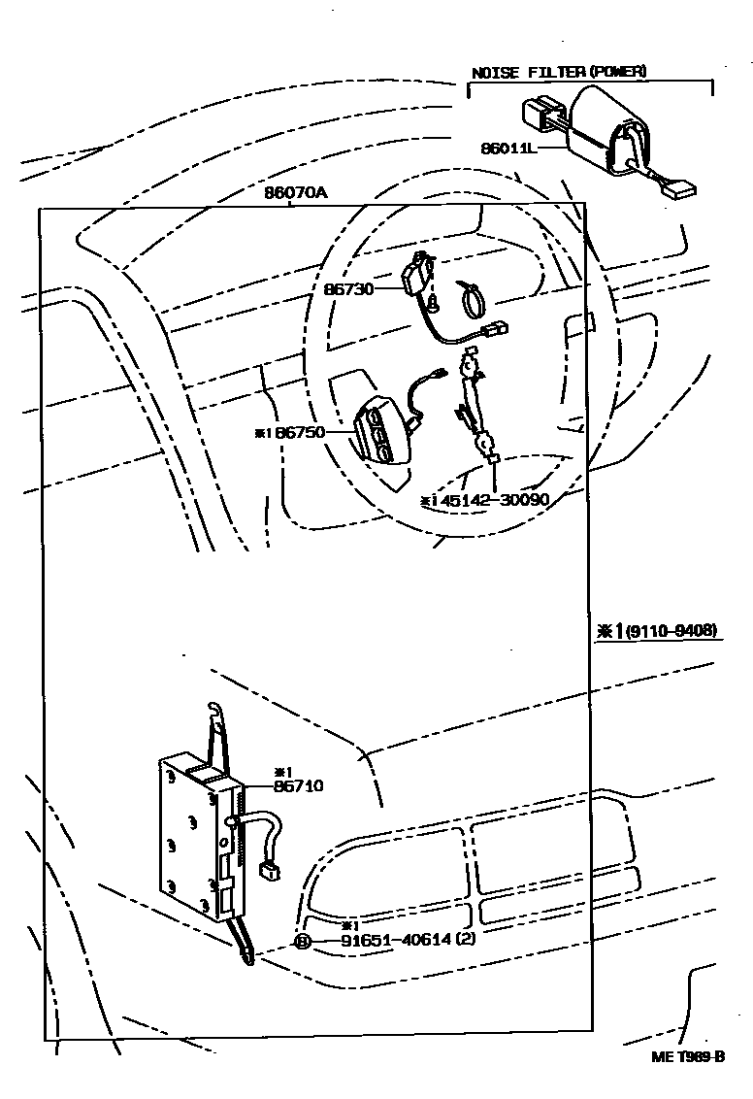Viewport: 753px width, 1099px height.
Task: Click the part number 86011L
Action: [508, 149]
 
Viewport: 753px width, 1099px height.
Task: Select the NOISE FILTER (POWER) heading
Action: [559, 72]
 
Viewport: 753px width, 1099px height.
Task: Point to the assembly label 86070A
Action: [295, 192]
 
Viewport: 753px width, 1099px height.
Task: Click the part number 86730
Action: [347, 288]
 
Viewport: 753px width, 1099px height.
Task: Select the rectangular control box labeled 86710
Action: [189, 835]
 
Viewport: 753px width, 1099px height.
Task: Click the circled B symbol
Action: [302, 941]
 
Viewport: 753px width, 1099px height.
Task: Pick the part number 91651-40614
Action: [397, 941]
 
